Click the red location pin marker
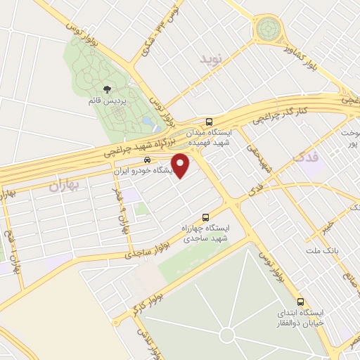pos(181,165)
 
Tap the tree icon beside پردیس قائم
pos(108,89)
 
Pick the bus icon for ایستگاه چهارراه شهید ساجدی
pos(205,217)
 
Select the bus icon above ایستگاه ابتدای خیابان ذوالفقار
pos(300,298)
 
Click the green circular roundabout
pos(268,30)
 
